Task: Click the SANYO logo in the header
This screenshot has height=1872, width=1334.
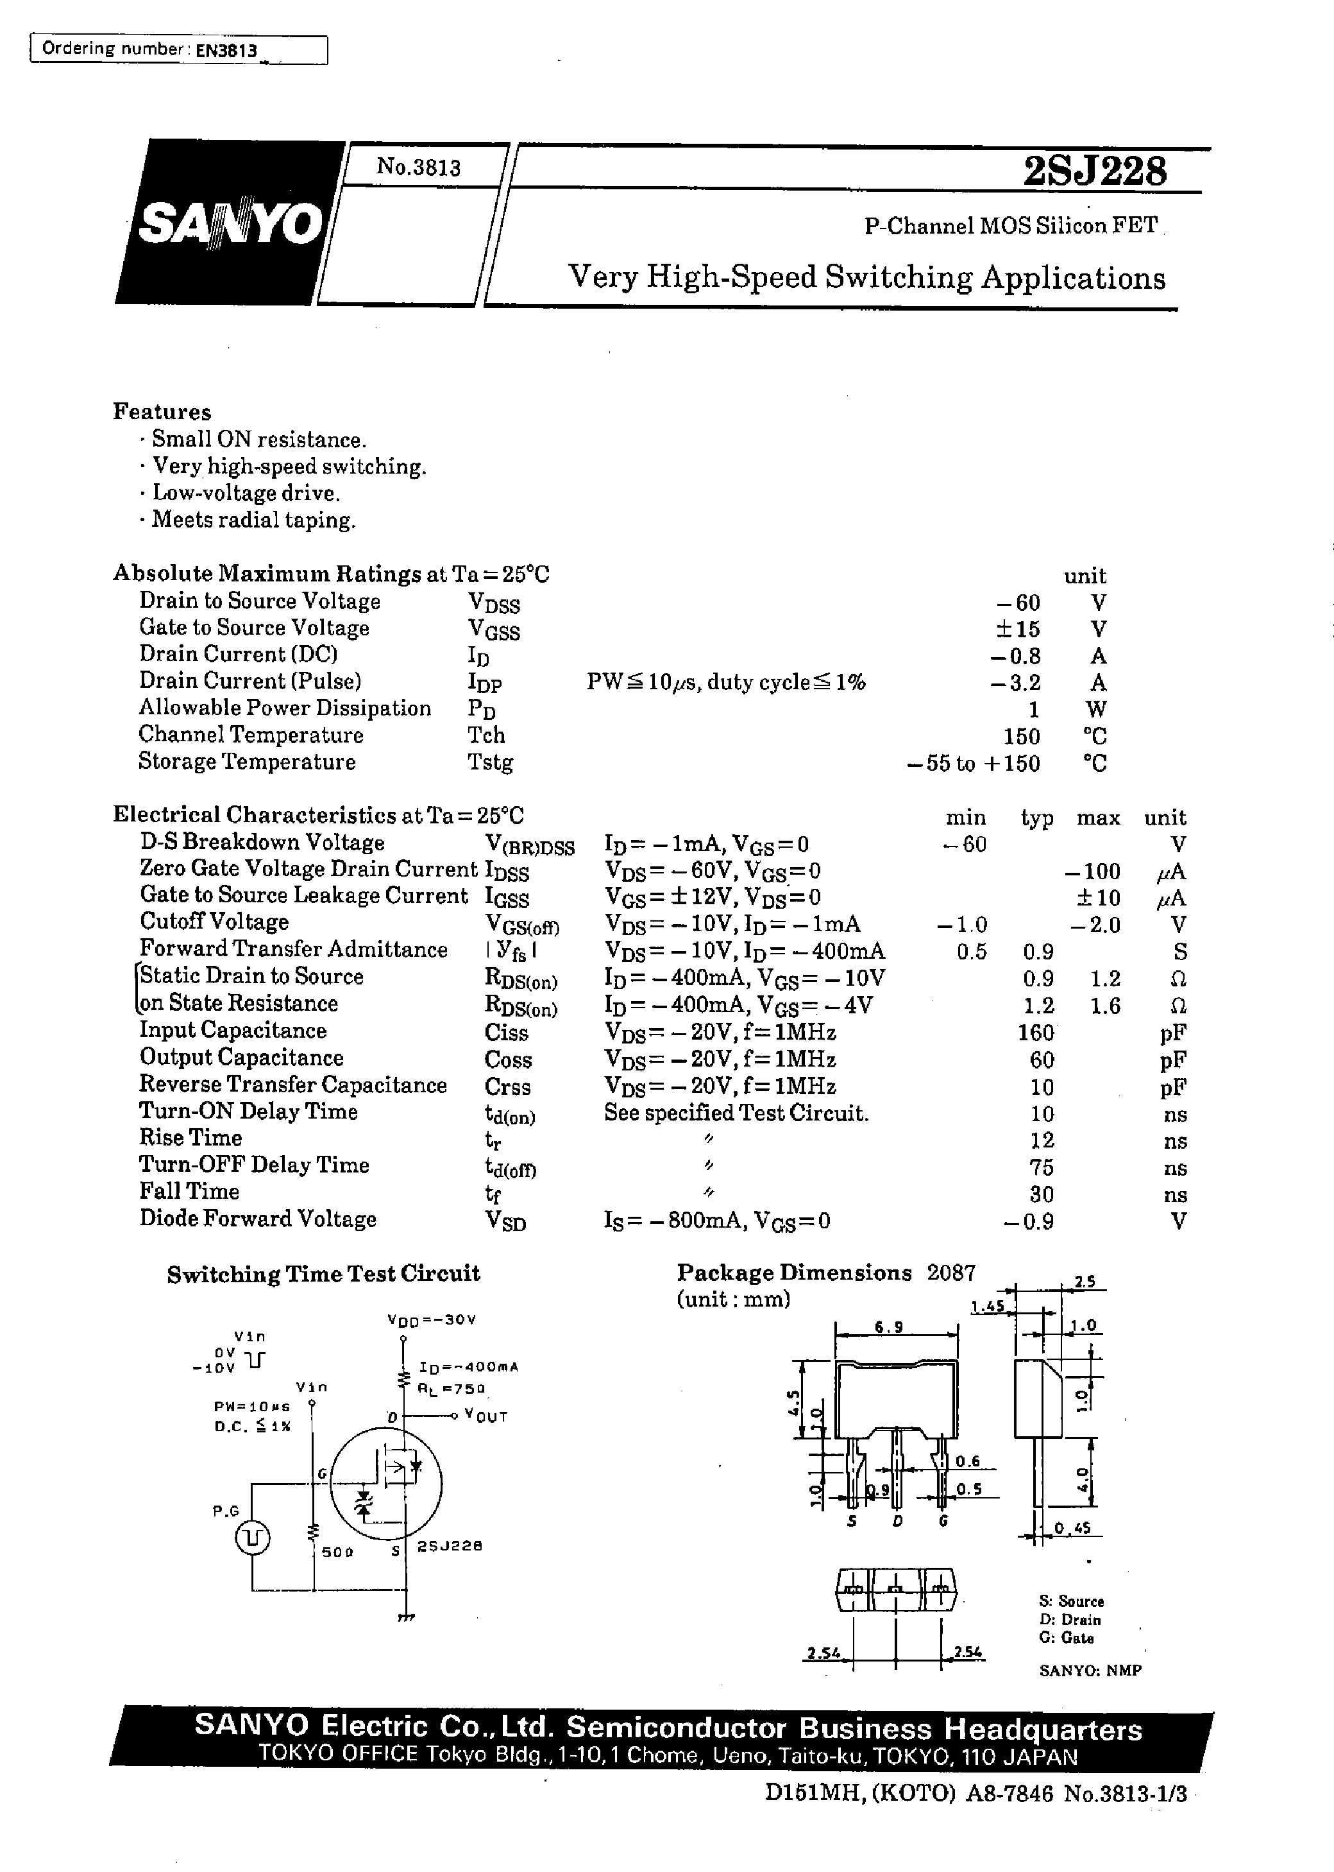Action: point(230,223)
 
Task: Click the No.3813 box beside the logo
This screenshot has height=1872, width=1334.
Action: point(419,167)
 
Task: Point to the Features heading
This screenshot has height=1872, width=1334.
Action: point(162,412)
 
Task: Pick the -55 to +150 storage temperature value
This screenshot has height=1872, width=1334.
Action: point(974,764)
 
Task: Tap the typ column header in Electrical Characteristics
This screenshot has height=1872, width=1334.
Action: point(1036,818)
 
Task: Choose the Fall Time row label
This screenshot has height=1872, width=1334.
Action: point(189,1192)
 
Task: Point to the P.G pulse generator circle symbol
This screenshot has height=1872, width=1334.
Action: point(253,1538)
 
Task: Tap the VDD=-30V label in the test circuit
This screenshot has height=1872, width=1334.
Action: point(431,1319)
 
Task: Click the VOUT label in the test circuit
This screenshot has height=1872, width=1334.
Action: point(485,1416)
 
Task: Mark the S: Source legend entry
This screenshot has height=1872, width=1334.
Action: point(1071,1601)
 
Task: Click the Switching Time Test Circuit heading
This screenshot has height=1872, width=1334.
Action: point(323,1274)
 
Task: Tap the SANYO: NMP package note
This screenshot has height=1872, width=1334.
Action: point(1090,1670)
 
